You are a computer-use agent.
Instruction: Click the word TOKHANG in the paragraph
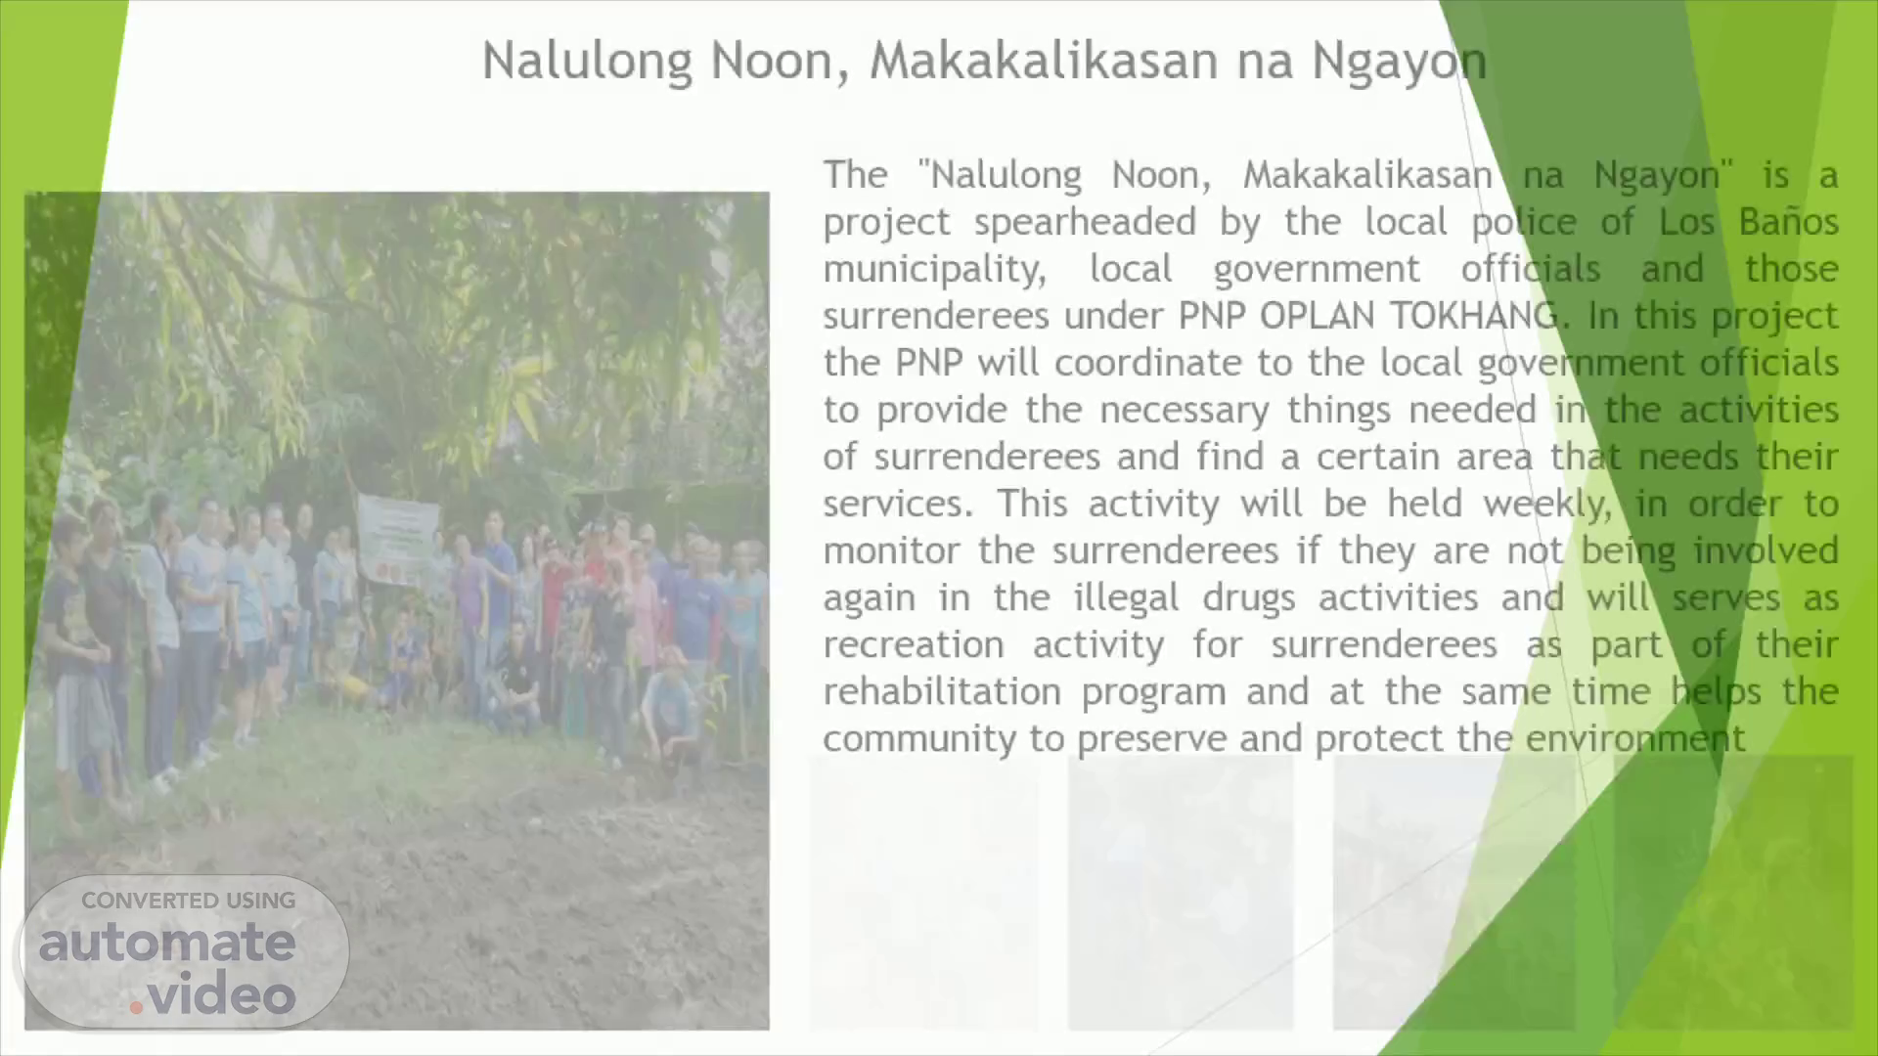click(1474, 316)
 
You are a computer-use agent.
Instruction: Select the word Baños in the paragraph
click(1788, 222)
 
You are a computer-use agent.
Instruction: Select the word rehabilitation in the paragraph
click(941, 691)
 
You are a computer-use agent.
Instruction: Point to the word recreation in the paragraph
click(913, 644)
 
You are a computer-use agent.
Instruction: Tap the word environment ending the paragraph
click(1635, 738)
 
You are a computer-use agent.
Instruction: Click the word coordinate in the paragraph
click(1148, 363)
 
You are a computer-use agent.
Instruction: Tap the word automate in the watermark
click(167, 943)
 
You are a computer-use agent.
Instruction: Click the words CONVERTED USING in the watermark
click(188, 901)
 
